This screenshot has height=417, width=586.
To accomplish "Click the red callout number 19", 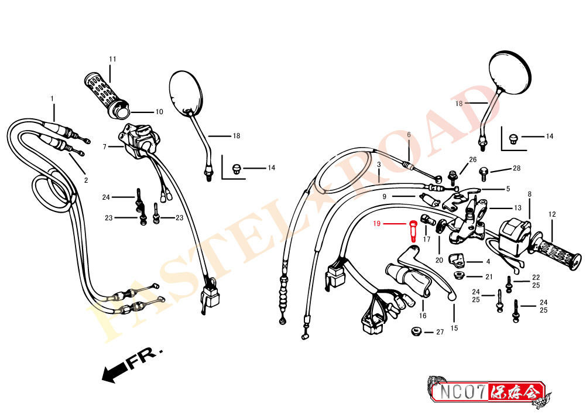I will click(377, 224).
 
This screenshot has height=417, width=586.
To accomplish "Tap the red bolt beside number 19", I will click(414, 230).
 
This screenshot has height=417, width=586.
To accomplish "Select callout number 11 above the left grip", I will click(112, 59).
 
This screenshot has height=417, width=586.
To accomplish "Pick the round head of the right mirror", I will click(510, 71).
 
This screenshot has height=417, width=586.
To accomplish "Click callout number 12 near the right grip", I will click(551, 214).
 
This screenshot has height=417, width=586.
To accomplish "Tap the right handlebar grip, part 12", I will click(559, 252).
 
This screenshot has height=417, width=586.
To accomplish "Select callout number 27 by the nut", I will click(440, 332).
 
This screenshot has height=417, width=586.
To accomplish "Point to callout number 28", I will click(516, 169).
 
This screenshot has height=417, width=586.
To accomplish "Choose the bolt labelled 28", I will click(484, 171).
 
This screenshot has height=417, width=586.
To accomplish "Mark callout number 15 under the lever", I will click(454, 329).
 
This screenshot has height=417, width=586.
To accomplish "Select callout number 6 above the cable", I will click(409, 135).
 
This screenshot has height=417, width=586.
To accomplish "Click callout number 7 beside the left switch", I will click(104, 147).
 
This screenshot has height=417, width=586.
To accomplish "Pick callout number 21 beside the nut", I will click(488, 277).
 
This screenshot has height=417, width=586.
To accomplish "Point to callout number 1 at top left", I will click(52, 98).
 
